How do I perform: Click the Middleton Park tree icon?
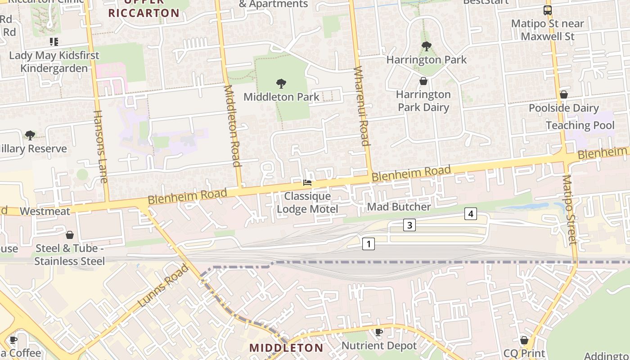click(281, 83)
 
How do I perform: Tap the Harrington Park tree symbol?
click(426, 46)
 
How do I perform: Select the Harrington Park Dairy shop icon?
click(423, 81)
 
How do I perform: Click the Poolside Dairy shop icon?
click(563, 94)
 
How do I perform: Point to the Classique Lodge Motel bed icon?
click(307, 183)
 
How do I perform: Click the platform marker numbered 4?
click(470, 214)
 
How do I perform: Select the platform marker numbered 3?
click(409, 225)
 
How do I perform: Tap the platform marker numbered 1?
click(368, 244)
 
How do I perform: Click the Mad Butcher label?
click(399, 207)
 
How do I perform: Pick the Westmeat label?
click(45, 211)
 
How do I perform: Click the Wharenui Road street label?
click(362, 106)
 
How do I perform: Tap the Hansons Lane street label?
click(100, 147)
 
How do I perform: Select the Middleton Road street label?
click(232, 126)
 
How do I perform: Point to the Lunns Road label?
click(163, 286)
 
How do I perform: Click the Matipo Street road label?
click(569, 210)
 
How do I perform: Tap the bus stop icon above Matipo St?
click(547, 10)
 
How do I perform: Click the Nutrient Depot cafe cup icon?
click(379, 332)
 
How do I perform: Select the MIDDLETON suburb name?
click(286, 348)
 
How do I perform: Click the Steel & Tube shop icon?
click(70, 235)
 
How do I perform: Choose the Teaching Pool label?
click(580, 125)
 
